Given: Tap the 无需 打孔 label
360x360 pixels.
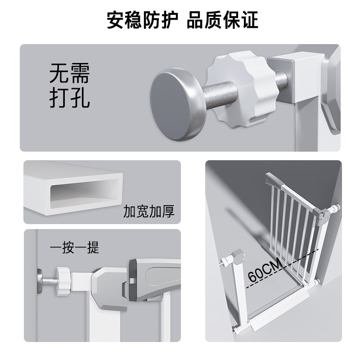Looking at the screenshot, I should point(70,87).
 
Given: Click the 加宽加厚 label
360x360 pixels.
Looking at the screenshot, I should point(148,211).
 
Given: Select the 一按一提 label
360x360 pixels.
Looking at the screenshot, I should point(74,247).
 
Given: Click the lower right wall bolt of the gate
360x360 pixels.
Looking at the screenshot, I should point(318,283).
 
